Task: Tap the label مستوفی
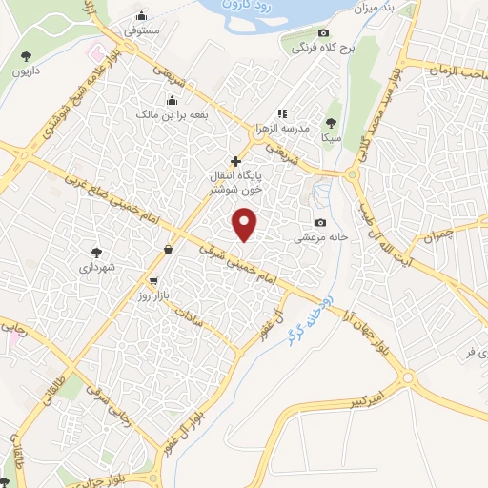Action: (142, 30)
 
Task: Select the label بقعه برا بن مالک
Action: (173, 114)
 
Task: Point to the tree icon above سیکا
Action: (331, 122)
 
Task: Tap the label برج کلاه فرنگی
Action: (320, 46)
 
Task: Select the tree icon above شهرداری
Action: (96, 253)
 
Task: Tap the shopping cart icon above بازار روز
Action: (152, 281)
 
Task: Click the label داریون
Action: (23, 71)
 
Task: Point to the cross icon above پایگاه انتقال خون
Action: (235, 162)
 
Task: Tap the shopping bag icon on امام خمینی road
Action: (169, 249)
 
